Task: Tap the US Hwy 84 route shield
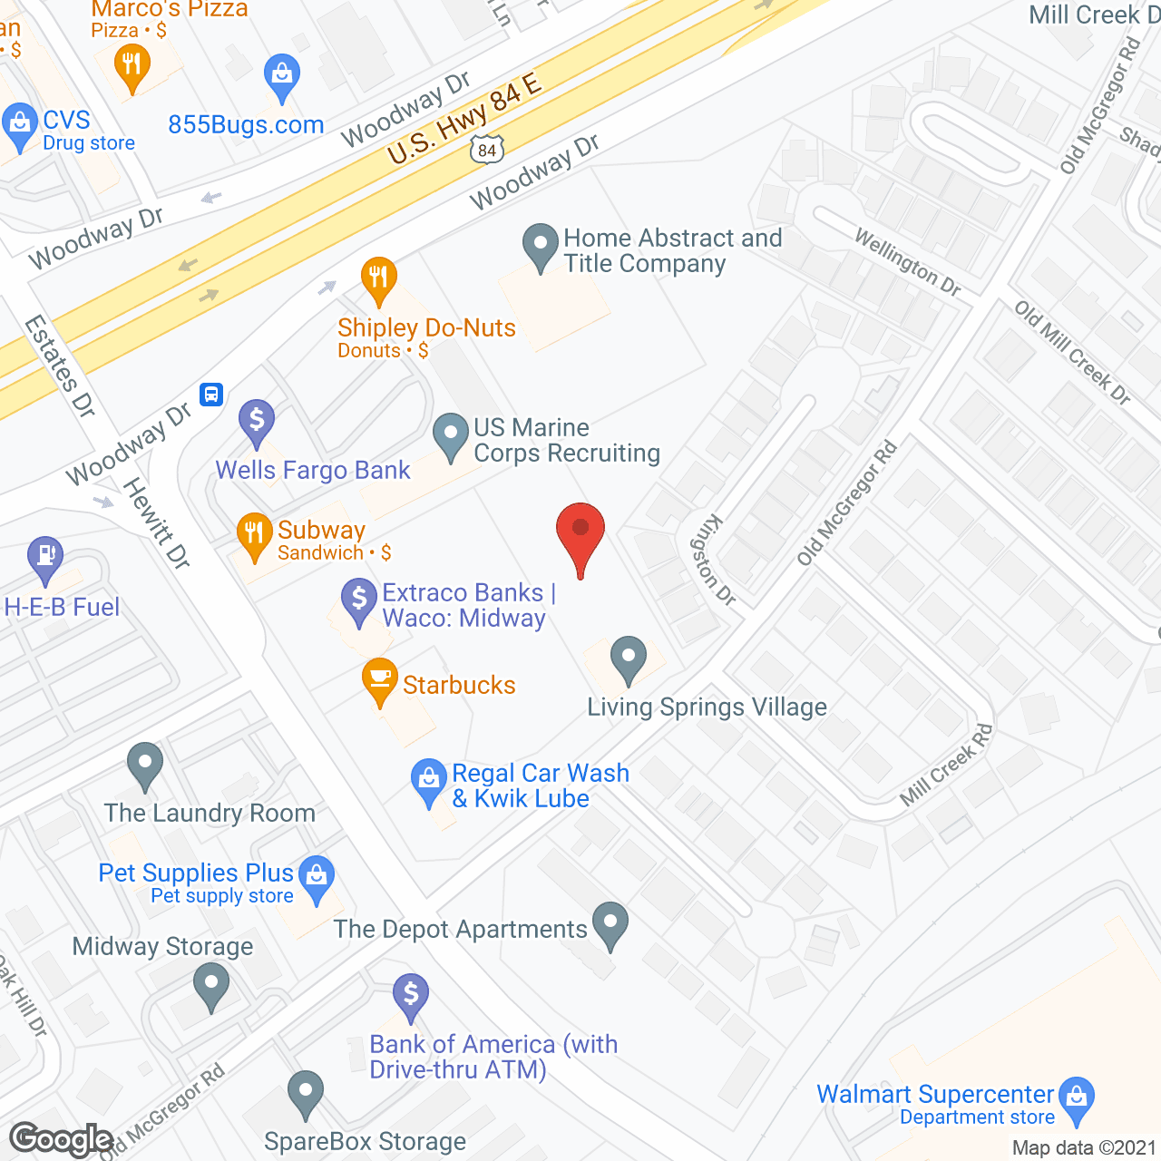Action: coord(487,149)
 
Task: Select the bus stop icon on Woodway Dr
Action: coord(211,395)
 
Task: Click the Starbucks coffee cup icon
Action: coord(380,678)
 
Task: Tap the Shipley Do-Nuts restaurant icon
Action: coord(378,278)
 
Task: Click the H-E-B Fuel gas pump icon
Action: coord(45,556)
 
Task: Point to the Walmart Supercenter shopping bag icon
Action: coord(1077,1098)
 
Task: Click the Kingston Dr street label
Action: coord(713,559)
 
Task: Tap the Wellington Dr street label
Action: coord(907,262)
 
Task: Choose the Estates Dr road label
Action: coord(60,366)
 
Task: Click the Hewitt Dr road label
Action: coord(157,523)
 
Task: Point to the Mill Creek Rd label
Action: coord(946,765)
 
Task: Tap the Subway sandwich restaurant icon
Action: coord(254,534)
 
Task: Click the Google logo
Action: coord(61,1139)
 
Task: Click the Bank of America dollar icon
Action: coord(411,996)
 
